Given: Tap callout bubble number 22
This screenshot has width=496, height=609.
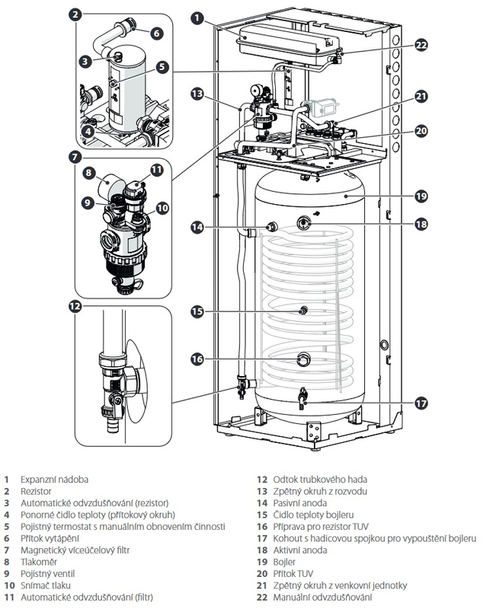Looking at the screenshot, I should coord(421,45).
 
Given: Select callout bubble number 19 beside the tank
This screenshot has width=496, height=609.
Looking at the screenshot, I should coord(421,196).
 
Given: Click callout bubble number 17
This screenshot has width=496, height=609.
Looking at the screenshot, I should coord(421,403).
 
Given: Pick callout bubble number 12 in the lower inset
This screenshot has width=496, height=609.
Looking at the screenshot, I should coord(75,306).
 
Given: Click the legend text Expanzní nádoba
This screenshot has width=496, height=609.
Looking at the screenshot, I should coord(54,480).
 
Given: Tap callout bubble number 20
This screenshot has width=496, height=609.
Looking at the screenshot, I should coord(421,130).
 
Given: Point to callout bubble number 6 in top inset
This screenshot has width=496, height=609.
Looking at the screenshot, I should coord(156,33).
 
